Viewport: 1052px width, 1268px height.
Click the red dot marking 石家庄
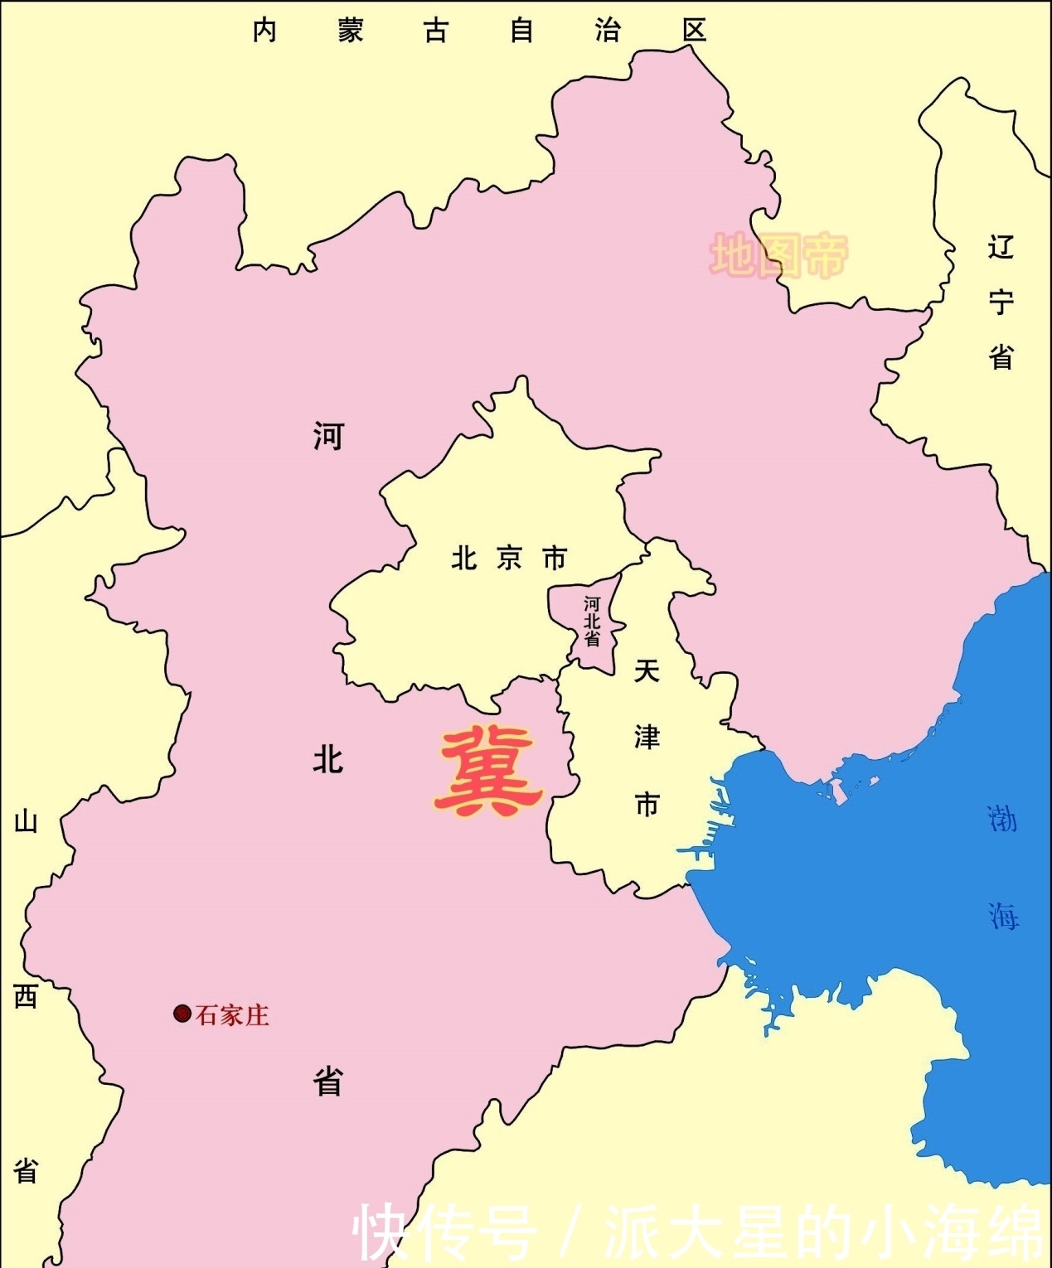[182, 1013]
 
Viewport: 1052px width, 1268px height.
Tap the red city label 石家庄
[232, 1015]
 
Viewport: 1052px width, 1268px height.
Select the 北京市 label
[509, 559]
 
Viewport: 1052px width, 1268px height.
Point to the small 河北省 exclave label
[591, 622]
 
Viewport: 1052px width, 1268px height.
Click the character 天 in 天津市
[647, 670]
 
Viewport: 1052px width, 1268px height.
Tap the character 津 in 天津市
[647, 737]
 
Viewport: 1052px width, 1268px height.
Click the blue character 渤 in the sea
[1002, 820]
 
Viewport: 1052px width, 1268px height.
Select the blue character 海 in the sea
[1002, 916]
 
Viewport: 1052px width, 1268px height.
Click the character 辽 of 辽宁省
[1001, 247]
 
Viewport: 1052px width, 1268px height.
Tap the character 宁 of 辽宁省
[1001, 302]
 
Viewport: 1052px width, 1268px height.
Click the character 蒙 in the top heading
[350, 31]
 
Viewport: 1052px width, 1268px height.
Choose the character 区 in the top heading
[694, 31]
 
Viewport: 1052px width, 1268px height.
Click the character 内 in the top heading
[264, 31]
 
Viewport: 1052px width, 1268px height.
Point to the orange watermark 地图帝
[779, 255]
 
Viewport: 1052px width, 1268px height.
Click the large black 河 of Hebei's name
[328, 435]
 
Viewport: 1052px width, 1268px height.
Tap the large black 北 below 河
[328, 758]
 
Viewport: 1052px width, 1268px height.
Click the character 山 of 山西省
[26, 822]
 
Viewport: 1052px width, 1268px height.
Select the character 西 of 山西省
[26, 996]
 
